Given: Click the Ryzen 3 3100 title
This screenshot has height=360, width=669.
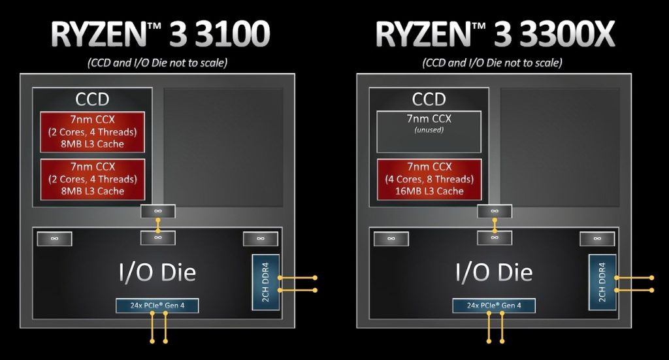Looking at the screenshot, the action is point(160,34).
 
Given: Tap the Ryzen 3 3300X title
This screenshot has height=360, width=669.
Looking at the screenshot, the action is point(495,34).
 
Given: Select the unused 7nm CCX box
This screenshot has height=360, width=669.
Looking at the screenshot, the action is point(429,131).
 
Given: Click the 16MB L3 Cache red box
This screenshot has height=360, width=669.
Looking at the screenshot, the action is point(429,179).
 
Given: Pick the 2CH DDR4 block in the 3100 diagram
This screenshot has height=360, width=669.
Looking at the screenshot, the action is point(266,282).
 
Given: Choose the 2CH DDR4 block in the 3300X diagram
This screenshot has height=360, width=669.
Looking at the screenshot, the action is point(602,282).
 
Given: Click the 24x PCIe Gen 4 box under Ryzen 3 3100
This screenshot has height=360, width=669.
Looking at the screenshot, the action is point(157,305).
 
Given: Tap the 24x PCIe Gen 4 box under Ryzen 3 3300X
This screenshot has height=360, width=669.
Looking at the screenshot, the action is point(494,305).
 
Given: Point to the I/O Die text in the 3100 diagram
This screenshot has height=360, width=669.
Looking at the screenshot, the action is point(157,272).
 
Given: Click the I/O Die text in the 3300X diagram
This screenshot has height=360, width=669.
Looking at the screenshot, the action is point(494,272).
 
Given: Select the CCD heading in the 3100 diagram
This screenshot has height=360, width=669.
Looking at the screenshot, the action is point(92,99).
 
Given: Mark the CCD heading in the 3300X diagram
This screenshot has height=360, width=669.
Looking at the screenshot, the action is point(429,99).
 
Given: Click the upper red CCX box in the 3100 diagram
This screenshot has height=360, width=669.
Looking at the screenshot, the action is point(93,132).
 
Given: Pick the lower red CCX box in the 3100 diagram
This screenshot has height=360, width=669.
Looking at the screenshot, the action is point(93,179).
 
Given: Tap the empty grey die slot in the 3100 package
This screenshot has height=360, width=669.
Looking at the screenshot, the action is point(223,147).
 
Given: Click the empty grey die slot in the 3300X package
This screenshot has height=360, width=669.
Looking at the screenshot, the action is point(560,147).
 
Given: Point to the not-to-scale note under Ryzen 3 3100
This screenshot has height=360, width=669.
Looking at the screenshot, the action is point(157,63).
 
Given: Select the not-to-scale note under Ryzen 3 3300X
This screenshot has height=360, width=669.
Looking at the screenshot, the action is point(493,63).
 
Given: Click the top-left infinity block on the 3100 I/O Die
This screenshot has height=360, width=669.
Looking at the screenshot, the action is point(55,239).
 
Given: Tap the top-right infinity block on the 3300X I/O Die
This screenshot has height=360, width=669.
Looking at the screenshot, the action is point(597,239).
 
